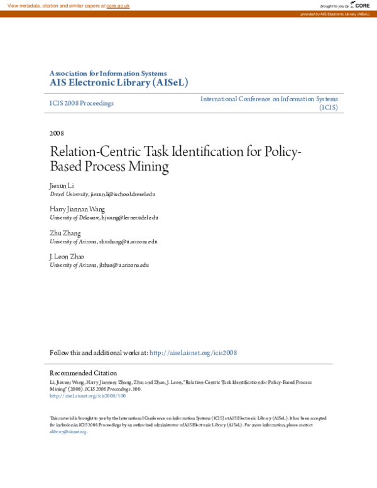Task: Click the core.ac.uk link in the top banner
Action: click(117, 6)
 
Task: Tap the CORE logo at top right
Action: click(361, 6)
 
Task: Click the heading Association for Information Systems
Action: click(108, 74)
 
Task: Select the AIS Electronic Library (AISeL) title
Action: click(119, 83)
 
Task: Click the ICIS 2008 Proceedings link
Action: click(82, 103)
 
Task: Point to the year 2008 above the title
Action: click(57, 133)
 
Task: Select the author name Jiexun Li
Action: click(62, 187)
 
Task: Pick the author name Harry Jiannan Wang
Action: click(77, 209)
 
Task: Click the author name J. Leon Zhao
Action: click(67, 257)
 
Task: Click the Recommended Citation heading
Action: click(83, 373)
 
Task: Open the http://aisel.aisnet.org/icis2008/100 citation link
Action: click(87, 396)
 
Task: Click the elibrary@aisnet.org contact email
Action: click(68, 432)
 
